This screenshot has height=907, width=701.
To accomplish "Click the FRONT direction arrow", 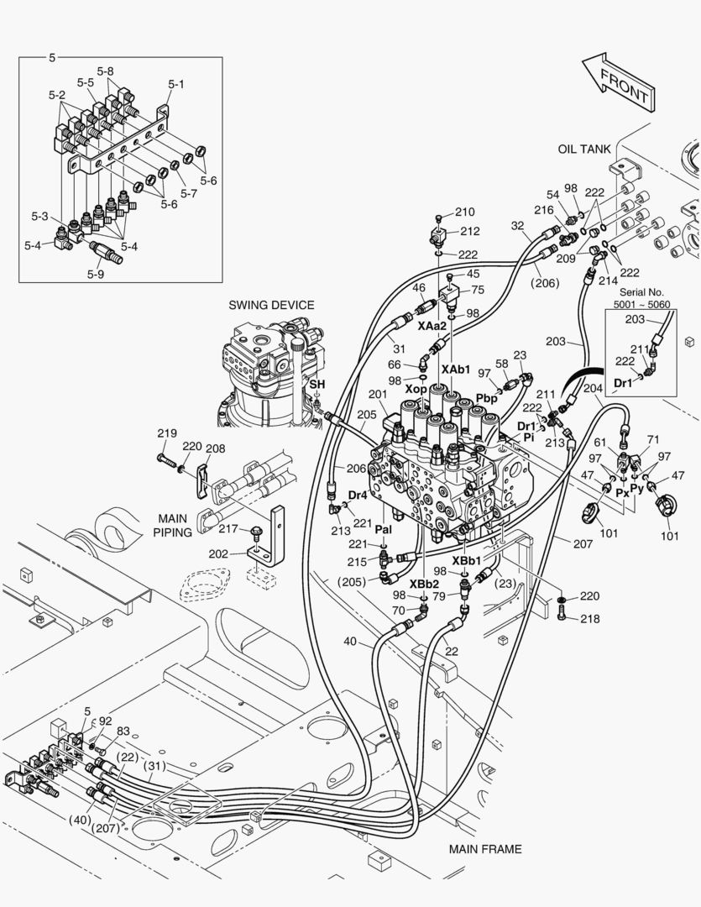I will [x=617, y=81].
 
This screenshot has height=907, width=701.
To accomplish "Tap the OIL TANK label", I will [x=584, y=149].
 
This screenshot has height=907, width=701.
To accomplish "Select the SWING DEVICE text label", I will [x=270, y=305].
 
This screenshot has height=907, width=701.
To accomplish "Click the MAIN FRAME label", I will [x=484, y=849].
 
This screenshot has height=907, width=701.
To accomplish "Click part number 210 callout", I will [x=464, y=212].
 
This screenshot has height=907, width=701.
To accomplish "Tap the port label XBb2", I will [x=424, y=584].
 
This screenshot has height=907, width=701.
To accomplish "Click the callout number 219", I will [x=167, y=433].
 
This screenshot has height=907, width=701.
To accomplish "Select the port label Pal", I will [x=383, y=531].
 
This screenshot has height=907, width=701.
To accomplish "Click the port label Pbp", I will [x=487, y=398].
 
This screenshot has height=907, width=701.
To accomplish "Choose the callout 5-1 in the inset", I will [x=176, y=84].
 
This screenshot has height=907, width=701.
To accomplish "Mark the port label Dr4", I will [x=358, y=495].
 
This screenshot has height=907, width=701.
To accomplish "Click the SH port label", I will [x=316, y=384].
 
